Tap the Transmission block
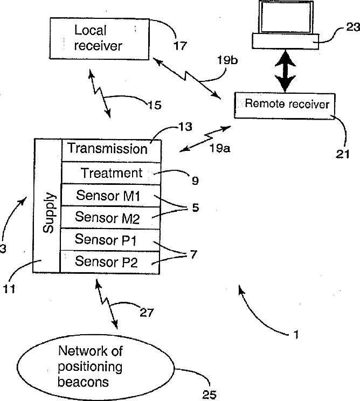tap(112, 149)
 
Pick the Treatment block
tap(112, 173)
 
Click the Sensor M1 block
tap(112, 195)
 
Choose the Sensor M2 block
tap(112, 217)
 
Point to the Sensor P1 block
tap(112, 239)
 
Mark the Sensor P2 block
tap(112, 262)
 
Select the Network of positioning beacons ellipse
tap(91, 367)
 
